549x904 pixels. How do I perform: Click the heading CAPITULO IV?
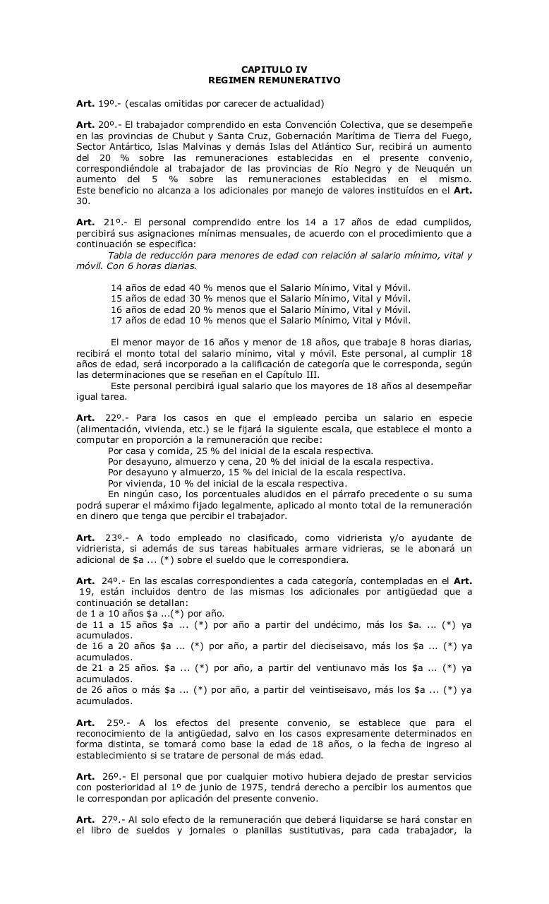coord(274,69)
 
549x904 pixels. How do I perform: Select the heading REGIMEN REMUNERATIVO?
coord(274,81)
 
